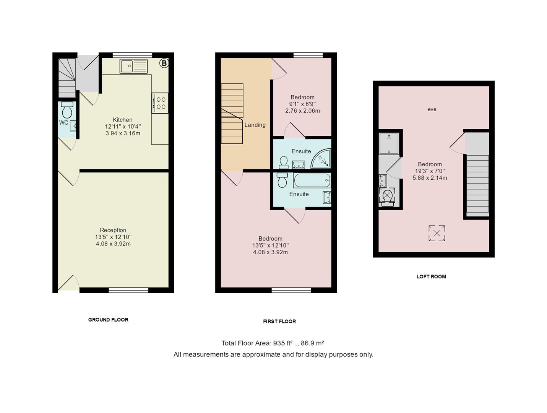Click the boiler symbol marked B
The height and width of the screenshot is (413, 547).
(x=164, y=63)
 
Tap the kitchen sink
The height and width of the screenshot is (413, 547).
(x=133, y=66)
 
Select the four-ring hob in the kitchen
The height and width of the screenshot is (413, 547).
(x=160, y=103)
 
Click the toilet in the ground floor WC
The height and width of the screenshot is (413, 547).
(x=67, y=110)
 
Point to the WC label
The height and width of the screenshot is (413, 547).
(x=63, y=123)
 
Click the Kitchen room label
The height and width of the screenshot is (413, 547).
(x=122, y=120)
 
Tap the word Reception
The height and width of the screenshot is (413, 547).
(x=113, y=230)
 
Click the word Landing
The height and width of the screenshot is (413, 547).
(x=255, y=125)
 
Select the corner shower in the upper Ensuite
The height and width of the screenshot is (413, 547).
(x=321, y=159)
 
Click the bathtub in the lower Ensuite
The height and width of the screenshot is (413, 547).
(x=312, y=180)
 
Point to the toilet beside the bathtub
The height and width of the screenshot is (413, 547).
(x=282, y=180)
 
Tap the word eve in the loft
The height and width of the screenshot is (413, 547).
(x=432, y=109)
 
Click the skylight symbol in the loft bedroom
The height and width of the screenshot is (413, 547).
(x=437, y=233)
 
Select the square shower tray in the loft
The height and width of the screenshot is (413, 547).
(x=389, y=143)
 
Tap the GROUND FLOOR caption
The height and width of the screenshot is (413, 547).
(x=108, y=320)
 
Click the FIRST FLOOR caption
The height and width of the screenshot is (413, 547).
(x=279, y=322)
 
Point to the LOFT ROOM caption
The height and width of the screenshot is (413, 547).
(x=432, y=276)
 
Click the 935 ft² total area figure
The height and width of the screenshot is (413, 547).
(x=282, y=343)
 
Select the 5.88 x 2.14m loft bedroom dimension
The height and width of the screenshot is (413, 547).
(x=430, y=178)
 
